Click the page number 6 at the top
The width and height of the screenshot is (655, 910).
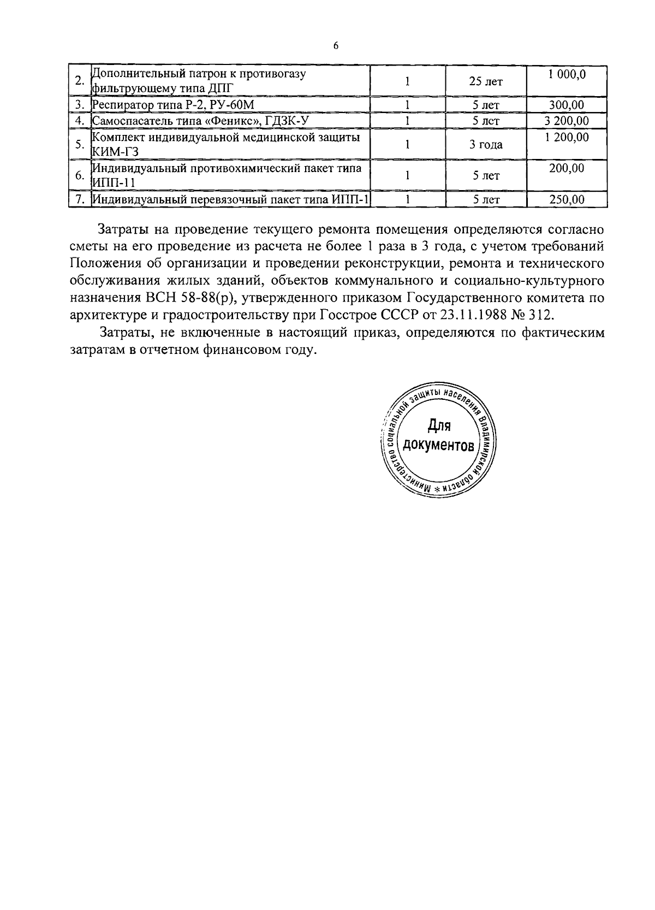[x=336, y=46]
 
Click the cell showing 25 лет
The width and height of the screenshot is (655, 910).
[x=486, y=82]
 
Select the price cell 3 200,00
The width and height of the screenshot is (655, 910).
[x=567, y=121]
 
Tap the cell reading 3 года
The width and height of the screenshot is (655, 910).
[x=486, y=145]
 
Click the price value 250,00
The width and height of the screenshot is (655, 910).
[x=567, y=200]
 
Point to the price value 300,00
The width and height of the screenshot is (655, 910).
[x=567, y=105]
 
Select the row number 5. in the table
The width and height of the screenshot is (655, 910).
[x=80, y=145]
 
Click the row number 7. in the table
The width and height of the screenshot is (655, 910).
[x=80, y=200]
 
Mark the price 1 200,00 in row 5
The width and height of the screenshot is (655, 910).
[x=567, y=137]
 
